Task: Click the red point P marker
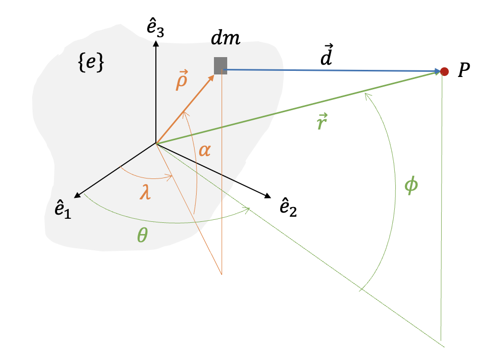(x=444, y=72)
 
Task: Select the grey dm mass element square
(x=221, y=66)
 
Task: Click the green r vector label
(x=321, y=122)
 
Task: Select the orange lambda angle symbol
(x=145, y=193)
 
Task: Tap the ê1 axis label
(x=64, y=210)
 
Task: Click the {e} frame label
(x=91, y=65)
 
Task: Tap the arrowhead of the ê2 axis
(x=267, y=195)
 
